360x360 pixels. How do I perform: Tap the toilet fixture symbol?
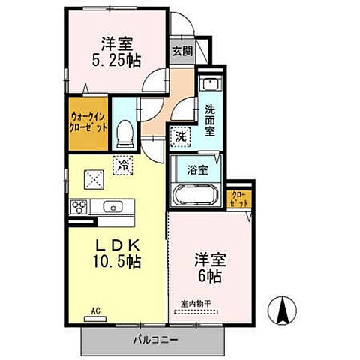tap(125, 133)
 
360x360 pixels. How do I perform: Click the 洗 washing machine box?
tap(179, 136)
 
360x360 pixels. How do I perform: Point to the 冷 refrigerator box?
tap(121, 165)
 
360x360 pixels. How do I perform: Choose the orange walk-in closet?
tap(88, 121)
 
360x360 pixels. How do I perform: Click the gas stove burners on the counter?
tap(80, 207)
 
